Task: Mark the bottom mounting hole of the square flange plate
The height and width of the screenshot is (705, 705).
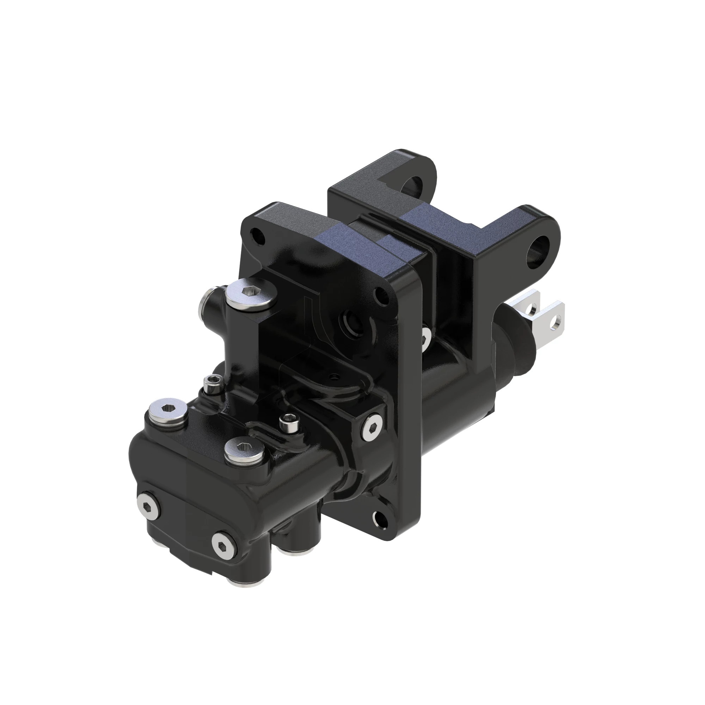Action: click(379, 517)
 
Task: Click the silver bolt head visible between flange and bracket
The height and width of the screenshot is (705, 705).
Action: click(425, 338)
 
